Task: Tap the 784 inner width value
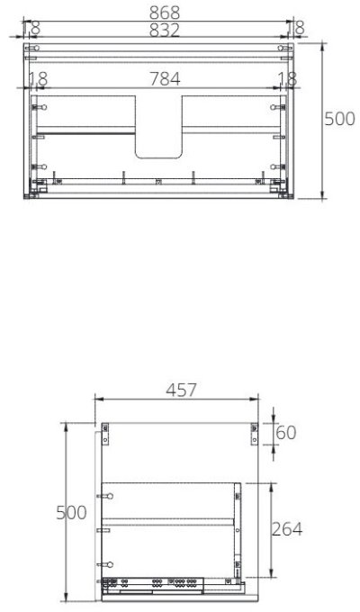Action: tap(164, 79)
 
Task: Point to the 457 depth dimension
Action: tap(181, 391)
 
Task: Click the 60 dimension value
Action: tap(285, 433)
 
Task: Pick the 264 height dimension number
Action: tap(286, 528)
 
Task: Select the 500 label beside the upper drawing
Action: tap(339, 120)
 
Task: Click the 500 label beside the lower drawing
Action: tap(71, 513)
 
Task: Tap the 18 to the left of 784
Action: tap(37, 79)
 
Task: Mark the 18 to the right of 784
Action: tap(287, 79)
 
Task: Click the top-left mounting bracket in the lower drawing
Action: tap(106, 434)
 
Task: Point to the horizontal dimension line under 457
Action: tap(175, 402)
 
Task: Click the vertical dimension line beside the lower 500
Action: tap(66, 513)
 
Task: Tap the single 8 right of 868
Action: tap(299, 27)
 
